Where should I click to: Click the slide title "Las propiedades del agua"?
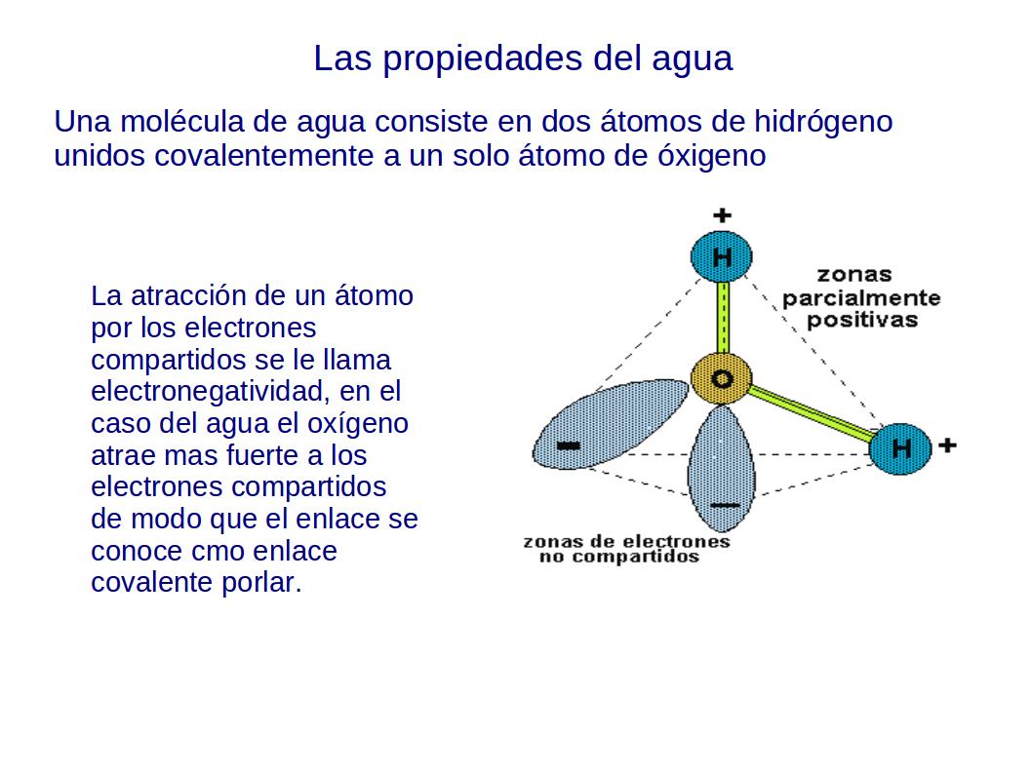[x=522, y=58]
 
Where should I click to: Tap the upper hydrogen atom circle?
[x=722, y=257]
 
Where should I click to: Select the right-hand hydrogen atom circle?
[x=900, y=448]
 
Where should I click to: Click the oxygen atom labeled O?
[x=722, y=379]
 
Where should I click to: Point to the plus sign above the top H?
[x=722, y=214]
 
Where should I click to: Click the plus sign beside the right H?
[x=947, y=445]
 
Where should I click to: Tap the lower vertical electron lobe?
[x=722, y=468]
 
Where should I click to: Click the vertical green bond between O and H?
[x=723, y=318]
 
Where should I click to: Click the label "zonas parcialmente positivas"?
[x=860, y=297]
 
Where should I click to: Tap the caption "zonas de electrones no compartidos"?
[x=626, y=549]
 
